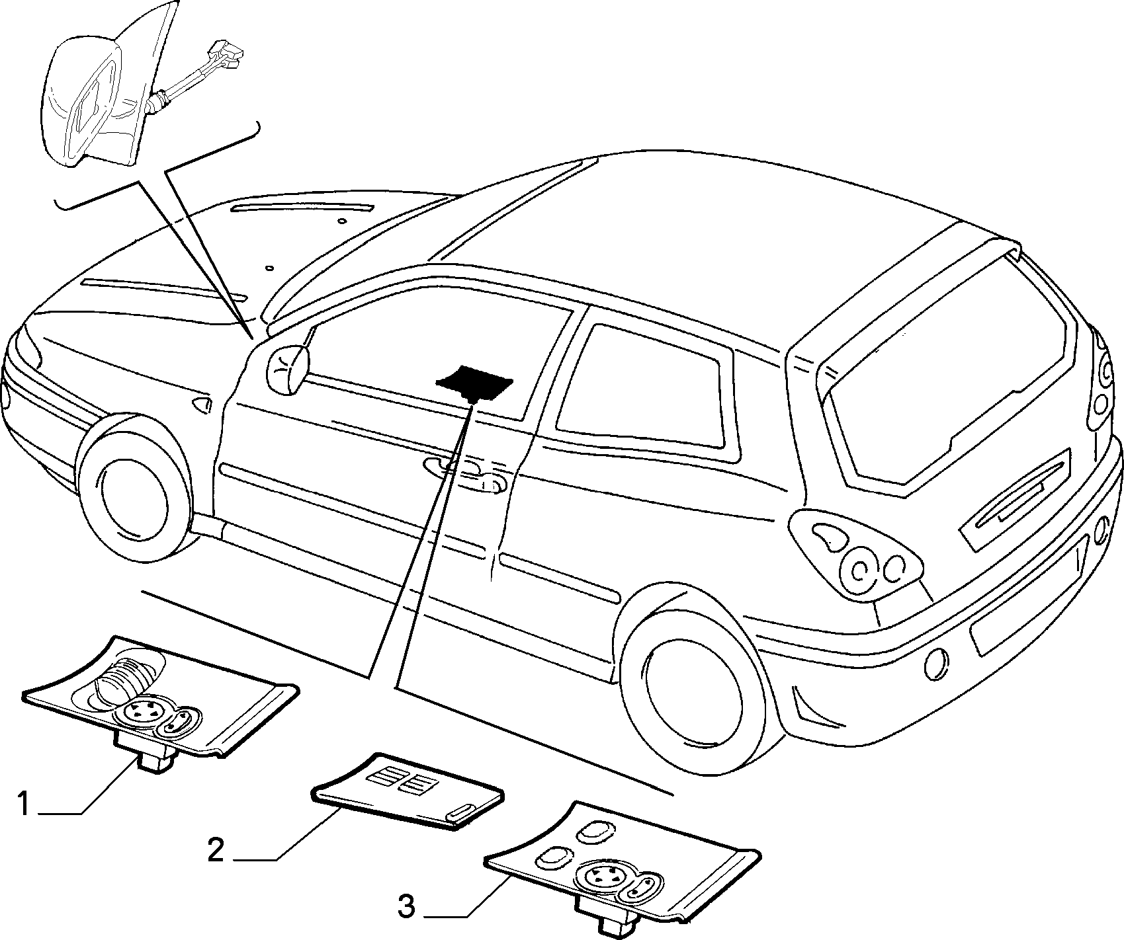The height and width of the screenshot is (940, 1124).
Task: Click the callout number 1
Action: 24,805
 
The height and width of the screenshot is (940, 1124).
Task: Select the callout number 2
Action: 216,850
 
